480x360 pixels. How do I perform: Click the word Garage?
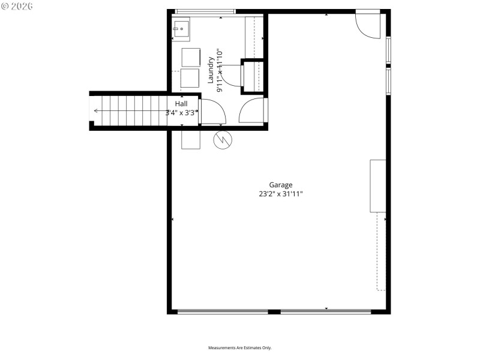pos(281,185)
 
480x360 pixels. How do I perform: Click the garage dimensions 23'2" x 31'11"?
pos(281,194)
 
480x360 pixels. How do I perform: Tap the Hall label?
pos(181,104)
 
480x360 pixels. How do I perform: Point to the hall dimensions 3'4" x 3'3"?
pos(182,112)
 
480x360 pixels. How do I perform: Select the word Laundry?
pos(211,70)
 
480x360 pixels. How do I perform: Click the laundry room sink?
pos(181,29)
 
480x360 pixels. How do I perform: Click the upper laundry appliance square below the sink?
pos(190,56)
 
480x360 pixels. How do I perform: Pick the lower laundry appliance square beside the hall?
pos(190,79)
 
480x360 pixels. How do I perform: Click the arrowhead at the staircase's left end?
pos(96,110)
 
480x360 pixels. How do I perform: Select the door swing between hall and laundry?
pos(212,112)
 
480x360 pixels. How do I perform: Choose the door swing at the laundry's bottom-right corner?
pos(252,111)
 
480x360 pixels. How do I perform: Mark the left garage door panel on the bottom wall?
pos(223,311)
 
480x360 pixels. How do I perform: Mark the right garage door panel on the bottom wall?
pos(326,311)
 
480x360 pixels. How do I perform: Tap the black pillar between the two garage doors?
pos(274,311)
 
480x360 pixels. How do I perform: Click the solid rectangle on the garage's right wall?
pos(377,185)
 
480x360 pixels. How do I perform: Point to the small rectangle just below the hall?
pos(191,139)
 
